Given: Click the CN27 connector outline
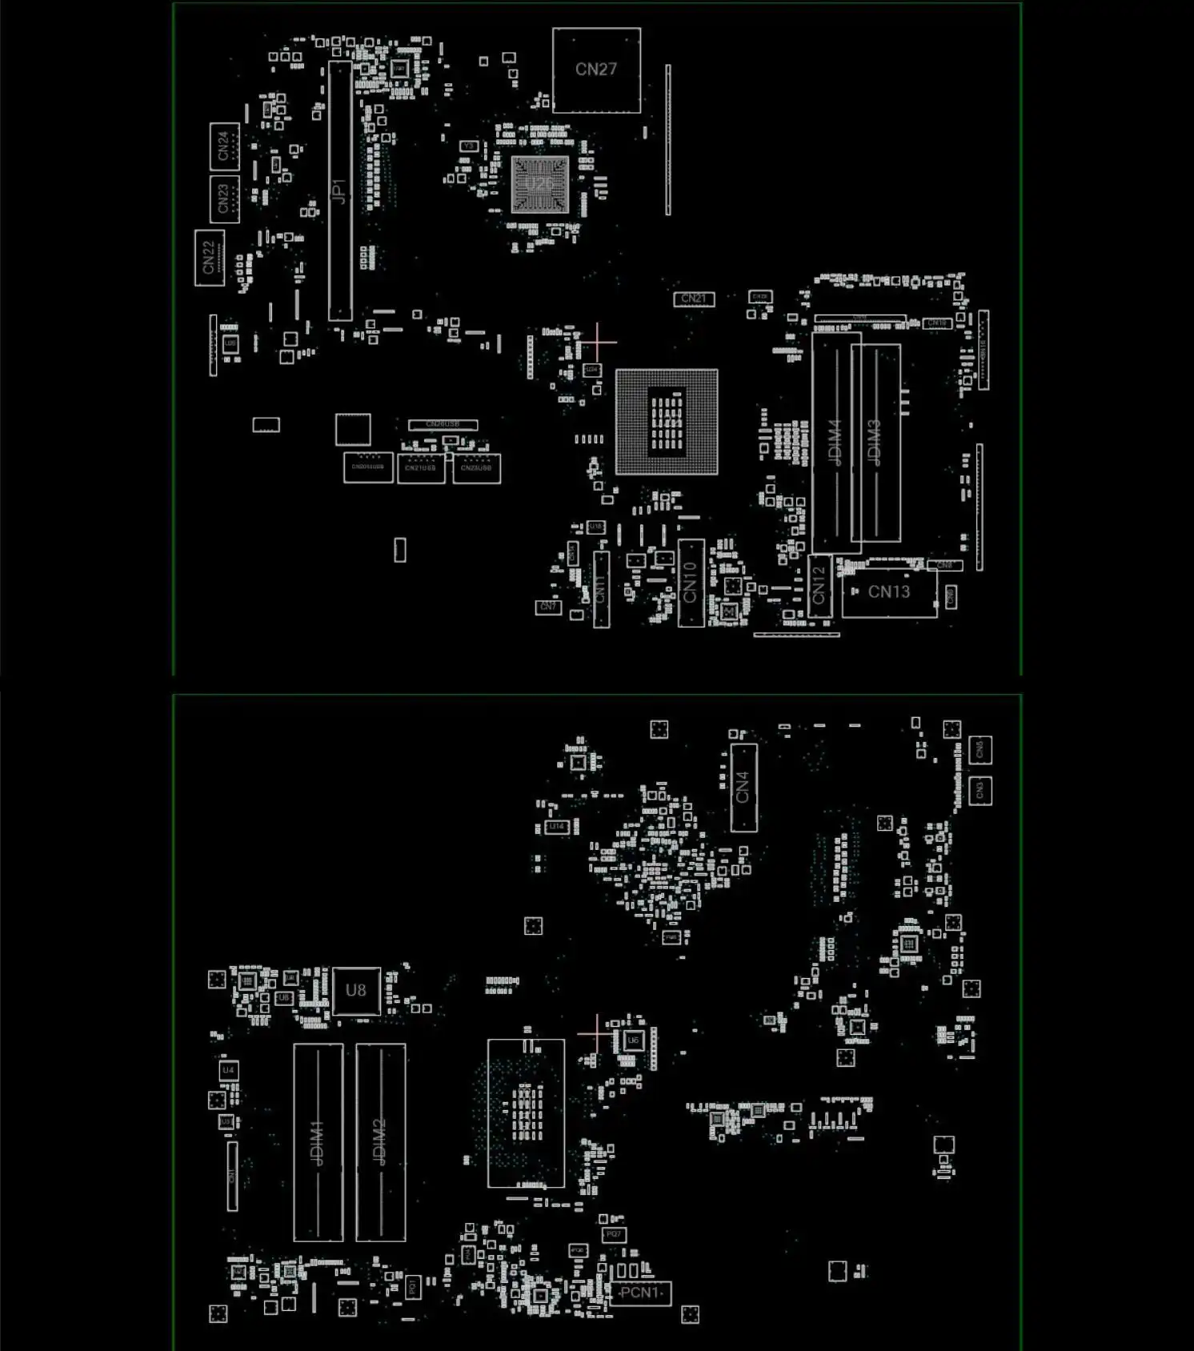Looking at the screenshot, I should (596, 70).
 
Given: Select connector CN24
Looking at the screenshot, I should (224, 146).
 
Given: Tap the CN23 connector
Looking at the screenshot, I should (224, 198).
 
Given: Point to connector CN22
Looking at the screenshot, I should (209, 258).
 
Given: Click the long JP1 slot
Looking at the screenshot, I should (340, 190).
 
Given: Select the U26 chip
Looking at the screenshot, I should (539, 185).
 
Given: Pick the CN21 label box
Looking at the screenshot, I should (694, 299).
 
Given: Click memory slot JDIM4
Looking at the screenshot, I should (835, 443).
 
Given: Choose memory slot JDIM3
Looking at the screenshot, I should (875, 443).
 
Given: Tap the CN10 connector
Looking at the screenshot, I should (691, 583).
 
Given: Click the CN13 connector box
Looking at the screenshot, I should (889, 592).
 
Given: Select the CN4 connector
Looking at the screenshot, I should (743, 788).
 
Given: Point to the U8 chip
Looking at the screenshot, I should (356, 991).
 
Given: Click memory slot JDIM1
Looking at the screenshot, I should (318, 1142).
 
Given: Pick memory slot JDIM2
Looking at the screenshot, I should (380, 1142).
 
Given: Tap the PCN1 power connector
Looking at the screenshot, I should (640, 1293).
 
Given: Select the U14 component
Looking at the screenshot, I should (557, 826).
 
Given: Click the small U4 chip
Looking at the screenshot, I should (228, 1070).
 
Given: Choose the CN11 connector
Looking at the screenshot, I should (601, 589).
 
